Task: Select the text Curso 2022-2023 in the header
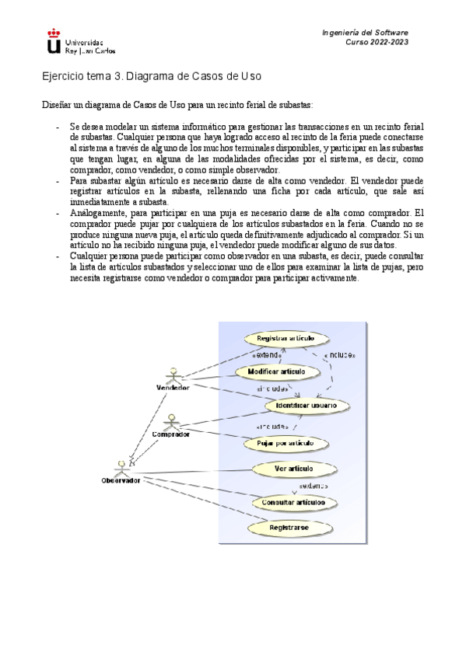coord(377,43)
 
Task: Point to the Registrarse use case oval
coord(289,527)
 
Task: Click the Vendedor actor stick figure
coord(172,374)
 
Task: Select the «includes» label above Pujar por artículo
coord(273,427)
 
